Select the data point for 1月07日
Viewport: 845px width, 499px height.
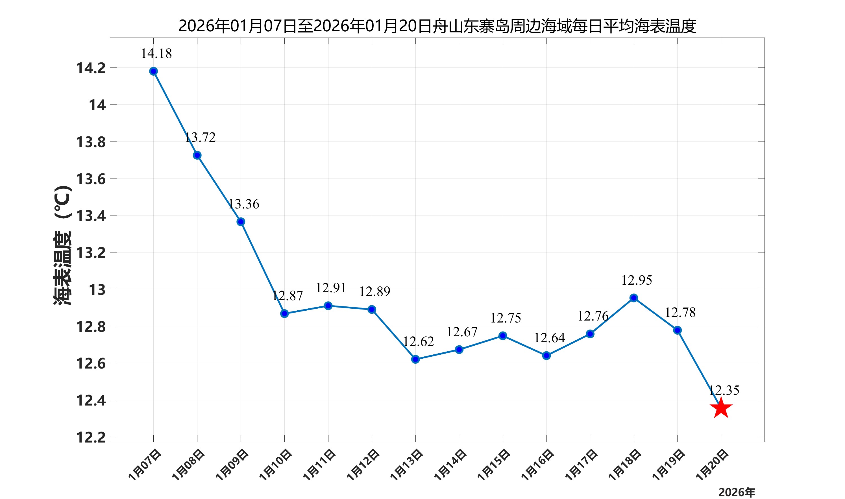[x=153, y=71]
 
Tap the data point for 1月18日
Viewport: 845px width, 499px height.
[x=633, y=298]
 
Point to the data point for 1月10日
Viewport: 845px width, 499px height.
[x=284, y=313]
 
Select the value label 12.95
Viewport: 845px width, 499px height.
[x=636, y=280]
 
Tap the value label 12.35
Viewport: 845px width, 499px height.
[x=724, y=390]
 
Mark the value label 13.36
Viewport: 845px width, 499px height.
[x=244, y=204]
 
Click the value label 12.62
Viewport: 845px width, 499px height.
[x=418, y=342]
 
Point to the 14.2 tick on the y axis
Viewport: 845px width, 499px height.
[x=91, y=68]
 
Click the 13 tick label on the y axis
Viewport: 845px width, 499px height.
[x=97, y=289]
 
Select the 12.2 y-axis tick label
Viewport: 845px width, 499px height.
[x=91, y=437]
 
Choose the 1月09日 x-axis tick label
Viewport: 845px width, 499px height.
[x=232, y=465]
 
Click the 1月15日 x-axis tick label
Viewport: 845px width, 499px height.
[x=494, y=465]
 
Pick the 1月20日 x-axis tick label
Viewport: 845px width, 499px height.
[x=712, y=465]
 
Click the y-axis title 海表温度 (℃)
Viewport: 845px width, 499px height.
[x=63, y=245]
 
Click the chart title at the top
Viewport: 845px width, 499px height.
[x=437, y=26]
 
